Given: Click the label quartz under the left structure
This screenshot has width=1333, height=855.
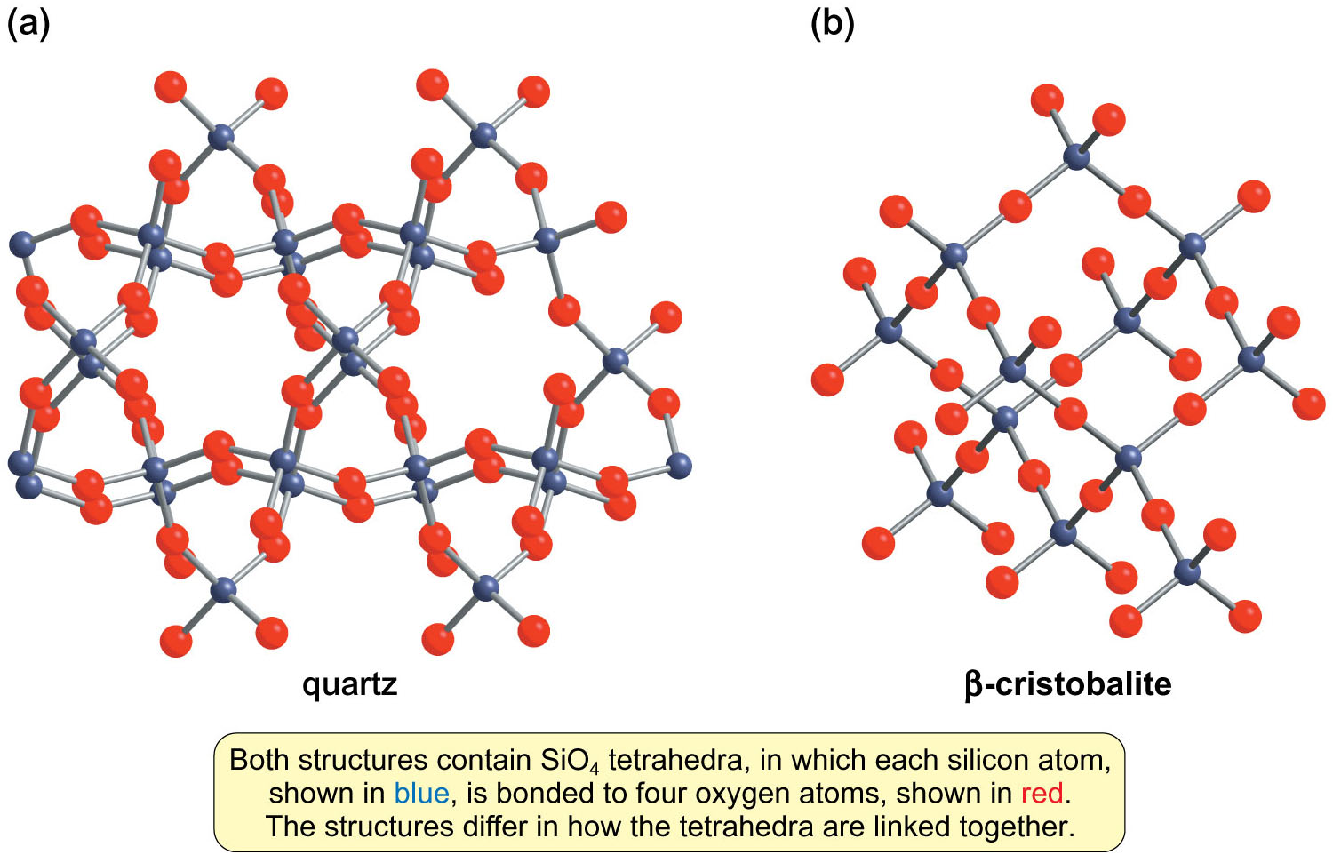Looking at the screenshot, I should point(349,684).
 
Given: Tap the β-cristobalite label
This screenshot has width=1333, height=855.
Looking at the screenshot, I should point(1067,684).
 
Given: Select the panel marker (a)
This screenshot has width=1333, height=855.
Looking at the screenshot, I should point(28,23).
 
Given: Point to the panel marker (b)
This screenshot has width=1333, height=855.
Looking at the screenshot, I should point(832,23).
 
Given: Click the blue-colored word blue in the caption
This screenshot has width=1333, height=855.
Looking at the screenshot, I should point(421,793).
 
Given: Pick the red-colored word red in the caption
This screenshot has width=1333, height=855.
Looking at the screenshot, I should point(1042,793).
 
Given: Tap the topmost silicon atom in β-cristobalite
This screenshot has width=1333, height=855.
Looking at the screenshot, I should point(1076,157).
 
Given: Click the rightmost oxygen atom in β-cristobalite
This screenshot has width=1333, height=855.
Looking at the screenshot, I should point(1308,404).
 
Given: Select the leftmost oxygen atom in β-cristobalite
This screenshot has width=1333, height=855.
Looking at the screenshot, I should point(827,380).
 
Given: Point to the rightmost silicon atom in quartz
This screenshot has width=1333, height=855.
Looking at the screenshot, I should point(678,465).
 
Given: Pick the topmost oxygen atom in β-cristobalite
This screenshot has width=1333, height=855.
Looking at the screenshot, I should point(1047,100).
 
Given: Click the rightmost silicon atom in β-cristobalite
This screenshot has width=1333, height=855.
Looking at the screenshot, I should point(1251,359).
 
